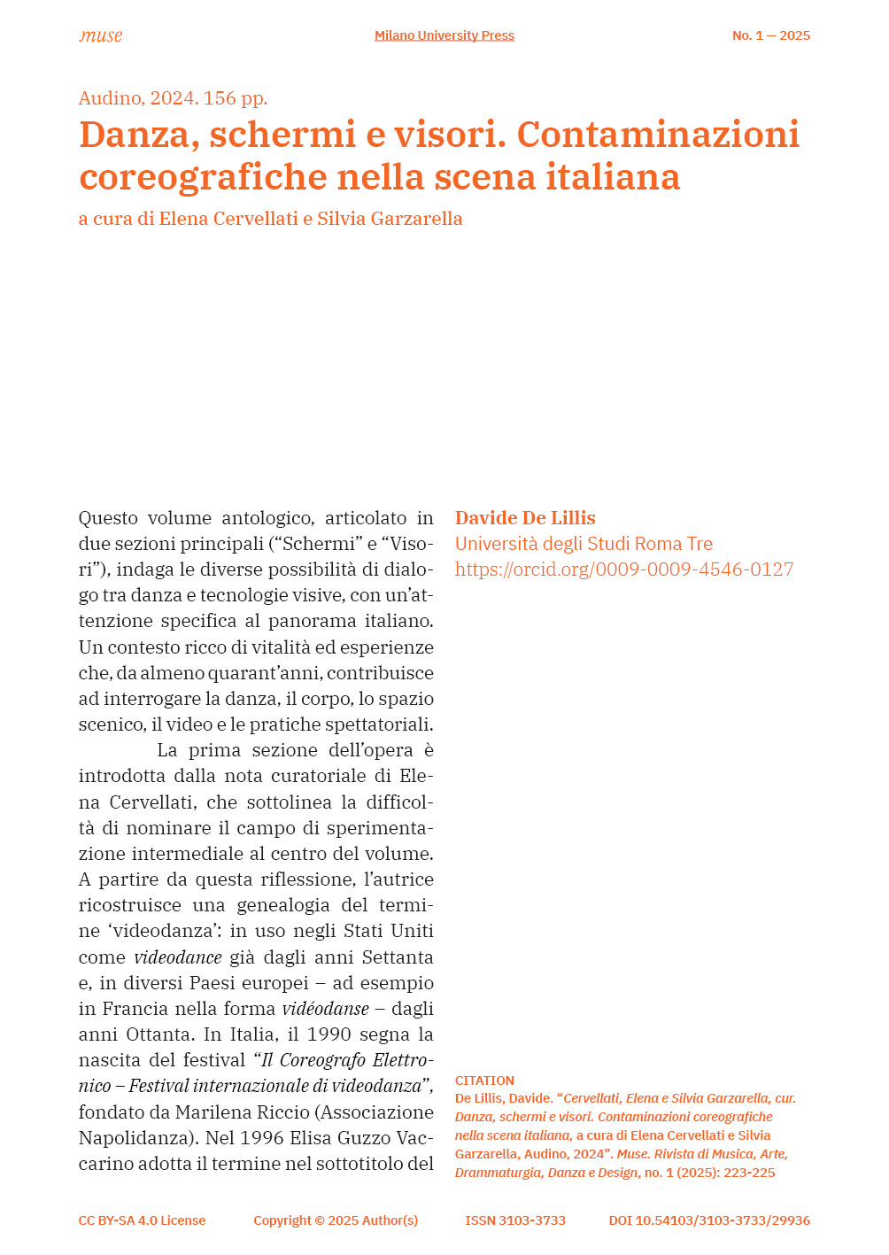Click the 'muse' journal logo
100,35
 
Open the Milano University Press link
444,35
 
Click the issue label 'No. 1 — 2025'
770,35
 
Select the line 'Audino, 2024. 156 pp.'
173,98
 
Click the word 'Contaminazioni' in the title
658,135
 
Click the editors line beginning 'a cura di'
270,219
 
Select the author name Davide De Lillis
525,518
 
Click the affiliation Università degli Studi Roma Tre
584,544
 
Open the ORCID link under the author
624,569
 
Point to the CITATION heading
484,1081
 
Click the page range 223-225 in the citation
750,1173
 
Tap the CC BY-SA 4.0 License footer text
142,1220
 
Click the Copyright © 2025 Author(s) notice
336,1220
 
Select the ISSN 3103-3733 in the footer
515,1220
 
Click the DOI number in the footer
709,1220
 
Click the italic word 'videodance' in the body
178,957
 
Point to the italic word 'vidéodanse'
326,1009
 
